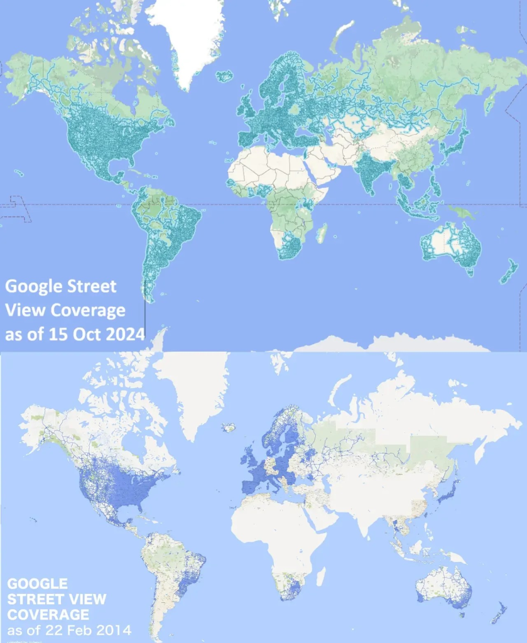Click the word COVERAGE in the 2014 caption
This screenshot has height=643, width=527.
point(48,613)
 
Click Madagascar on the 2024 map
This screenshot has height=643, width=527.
point(322,234)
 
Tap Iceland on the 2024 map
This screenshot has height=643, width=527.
point(224,76)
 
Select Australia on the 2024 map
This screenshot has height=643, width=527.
point(449,245)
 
